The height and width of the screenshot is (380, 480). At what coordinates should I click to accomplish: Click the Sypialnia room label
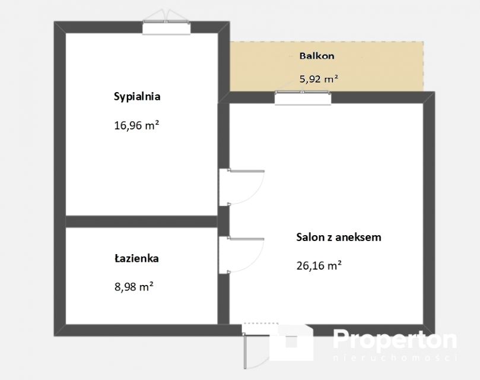coord(137,97)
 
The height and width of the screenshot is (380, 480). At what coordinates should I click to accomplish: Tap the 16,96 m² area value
coord(136,125)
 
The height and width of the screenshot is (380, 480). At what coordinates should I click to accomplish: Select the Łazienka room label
coord(136,258)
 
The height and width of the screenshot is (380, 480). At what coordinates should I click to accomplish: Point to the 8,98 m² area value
coord(133,287)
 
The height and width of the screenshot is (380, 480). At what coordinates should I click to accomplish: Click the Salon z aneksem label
coord(339,237)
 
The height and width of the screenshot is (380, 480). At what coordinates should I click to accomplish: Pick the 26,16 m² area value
coord(319,265)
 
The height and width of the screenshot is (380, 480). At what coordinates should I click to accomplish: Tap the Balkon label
coord(317,56)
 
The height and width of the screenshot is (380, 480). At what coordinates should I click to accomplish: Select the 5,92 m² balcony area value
coord(319,79)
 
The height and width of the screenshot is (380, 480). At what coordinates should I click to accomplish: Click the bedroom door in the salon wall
coord(242,187)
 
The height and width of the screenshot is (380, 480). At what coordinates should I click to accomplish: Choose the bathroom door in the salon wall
coord(242,255)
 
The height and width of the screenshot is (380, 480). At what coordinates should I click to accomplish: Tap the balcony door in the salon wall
coord(303,98)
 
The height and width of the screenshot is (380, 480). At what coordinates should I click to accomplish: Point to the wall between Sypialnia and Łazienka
coord(142,221)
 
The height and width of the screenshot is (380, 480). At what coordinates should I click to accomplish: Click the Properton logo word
coord(395,340)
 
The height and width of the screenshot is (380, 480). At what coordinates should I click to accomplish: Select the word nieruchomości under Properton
coord(395,357)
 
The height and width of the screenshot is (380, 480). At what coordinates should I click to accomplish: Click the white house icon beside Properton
coord(291,343)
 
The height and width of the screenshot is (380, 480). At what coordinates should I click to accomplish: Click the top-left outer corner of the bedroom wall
coord(54,21)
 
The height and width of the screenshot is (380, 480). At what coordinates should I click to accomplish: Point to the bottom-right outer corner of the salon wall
coord(435,336)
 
